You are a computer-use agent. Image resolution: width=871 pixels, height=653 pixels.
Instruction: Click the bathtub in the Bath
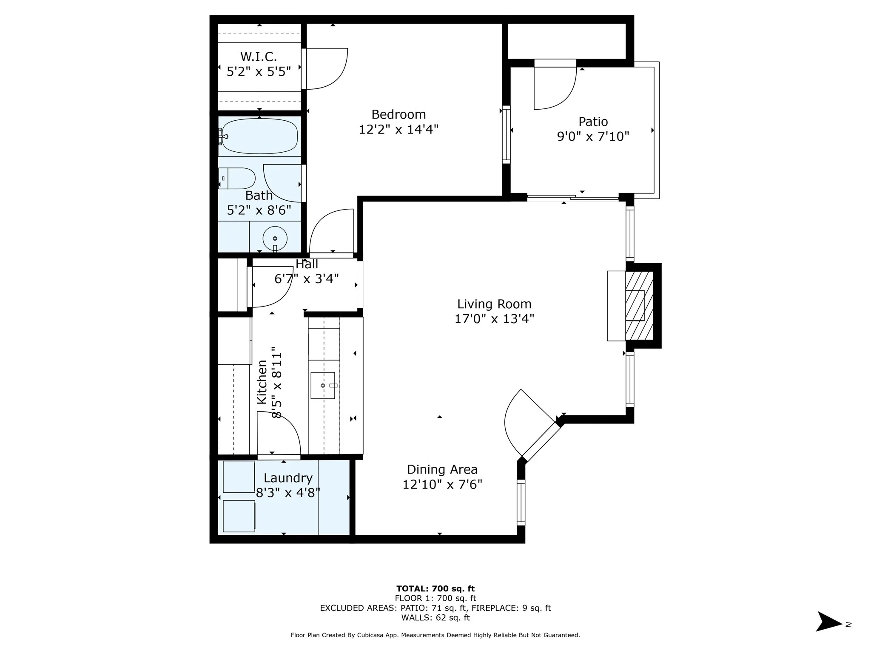[x=259, y=136]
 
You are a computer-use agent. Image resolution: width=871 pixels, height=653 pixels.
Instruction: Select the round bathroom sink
[x=275, y=239]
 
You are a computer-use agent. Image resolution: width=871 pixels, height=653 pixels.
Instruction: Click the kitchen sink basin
[x=322, y=386]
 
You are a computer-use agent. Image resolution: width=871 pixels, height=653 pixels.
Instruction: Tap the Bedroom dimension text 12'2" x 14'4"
[x=398, y=129]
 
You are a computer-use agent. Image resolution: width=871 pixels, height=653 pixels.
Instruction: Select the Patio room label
[x=593, y=122]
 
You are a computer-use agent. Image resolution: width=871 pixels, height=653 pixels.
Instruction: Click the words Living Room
[x=494, y=304]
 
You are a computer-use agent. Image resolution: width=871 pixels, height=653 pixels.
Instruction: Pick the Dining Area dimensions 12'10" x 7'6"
[x=442, y=484]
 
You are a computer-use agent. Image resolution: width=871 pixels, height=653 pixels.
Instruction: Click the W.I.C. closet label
[x=259, y=57]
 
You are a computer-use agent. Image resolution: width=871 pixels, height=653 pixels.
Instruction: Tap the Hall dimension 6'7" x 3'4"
[x=306, y=279]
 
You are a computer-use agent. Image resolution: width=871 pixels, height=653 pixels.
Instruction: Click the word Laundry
[x=288, y=478]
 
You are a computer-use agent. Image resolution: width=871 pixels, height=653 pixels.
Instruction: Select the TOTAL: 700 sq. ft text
[x=435, y=589]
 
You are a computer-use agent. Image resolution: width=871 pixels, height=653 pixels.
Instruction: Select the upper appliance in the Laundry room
[x=239, y=477]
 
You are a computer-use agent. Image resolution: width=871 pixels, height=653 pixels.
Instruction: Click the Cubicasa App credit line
[x=435, y=635]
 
